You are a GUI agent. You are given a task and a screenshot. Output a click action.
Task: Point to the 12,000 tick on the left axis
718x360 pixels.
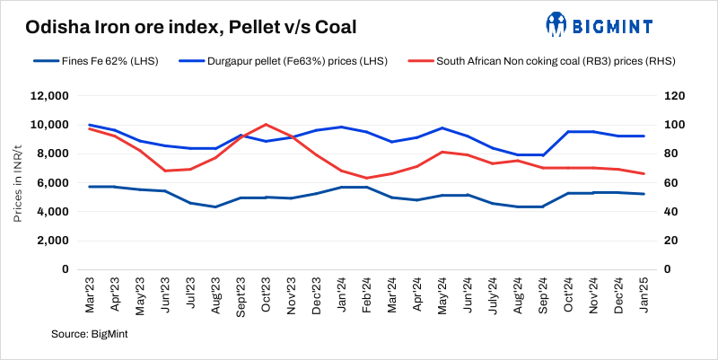(x=49, y=95)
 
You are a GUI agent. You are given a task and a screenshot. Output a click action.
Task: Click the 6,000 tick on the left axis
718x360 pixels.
(x=52, y=182)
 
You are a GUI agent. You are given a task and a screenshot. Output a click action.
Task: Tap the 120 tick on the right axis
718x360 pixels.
(x=674, y=95)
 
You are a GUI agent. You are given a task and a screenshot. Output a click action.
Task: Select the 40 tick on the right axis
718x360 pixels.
(x=671, y=211)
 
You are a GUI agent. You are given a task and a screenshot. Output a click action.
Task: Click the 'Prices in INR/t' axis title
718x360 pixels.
(x=18, y=182)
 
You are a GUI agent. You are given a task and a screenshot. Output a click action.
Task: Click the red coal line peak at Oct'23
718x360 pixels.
(x=266, y=124)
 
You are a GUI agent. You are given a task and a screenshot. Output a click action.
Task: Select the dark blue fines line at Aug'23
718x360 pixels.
(x=215, y=206)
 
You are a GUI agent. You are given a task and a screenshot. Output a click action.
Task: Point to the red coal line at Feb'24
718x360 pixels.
(x=367, y=178)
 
